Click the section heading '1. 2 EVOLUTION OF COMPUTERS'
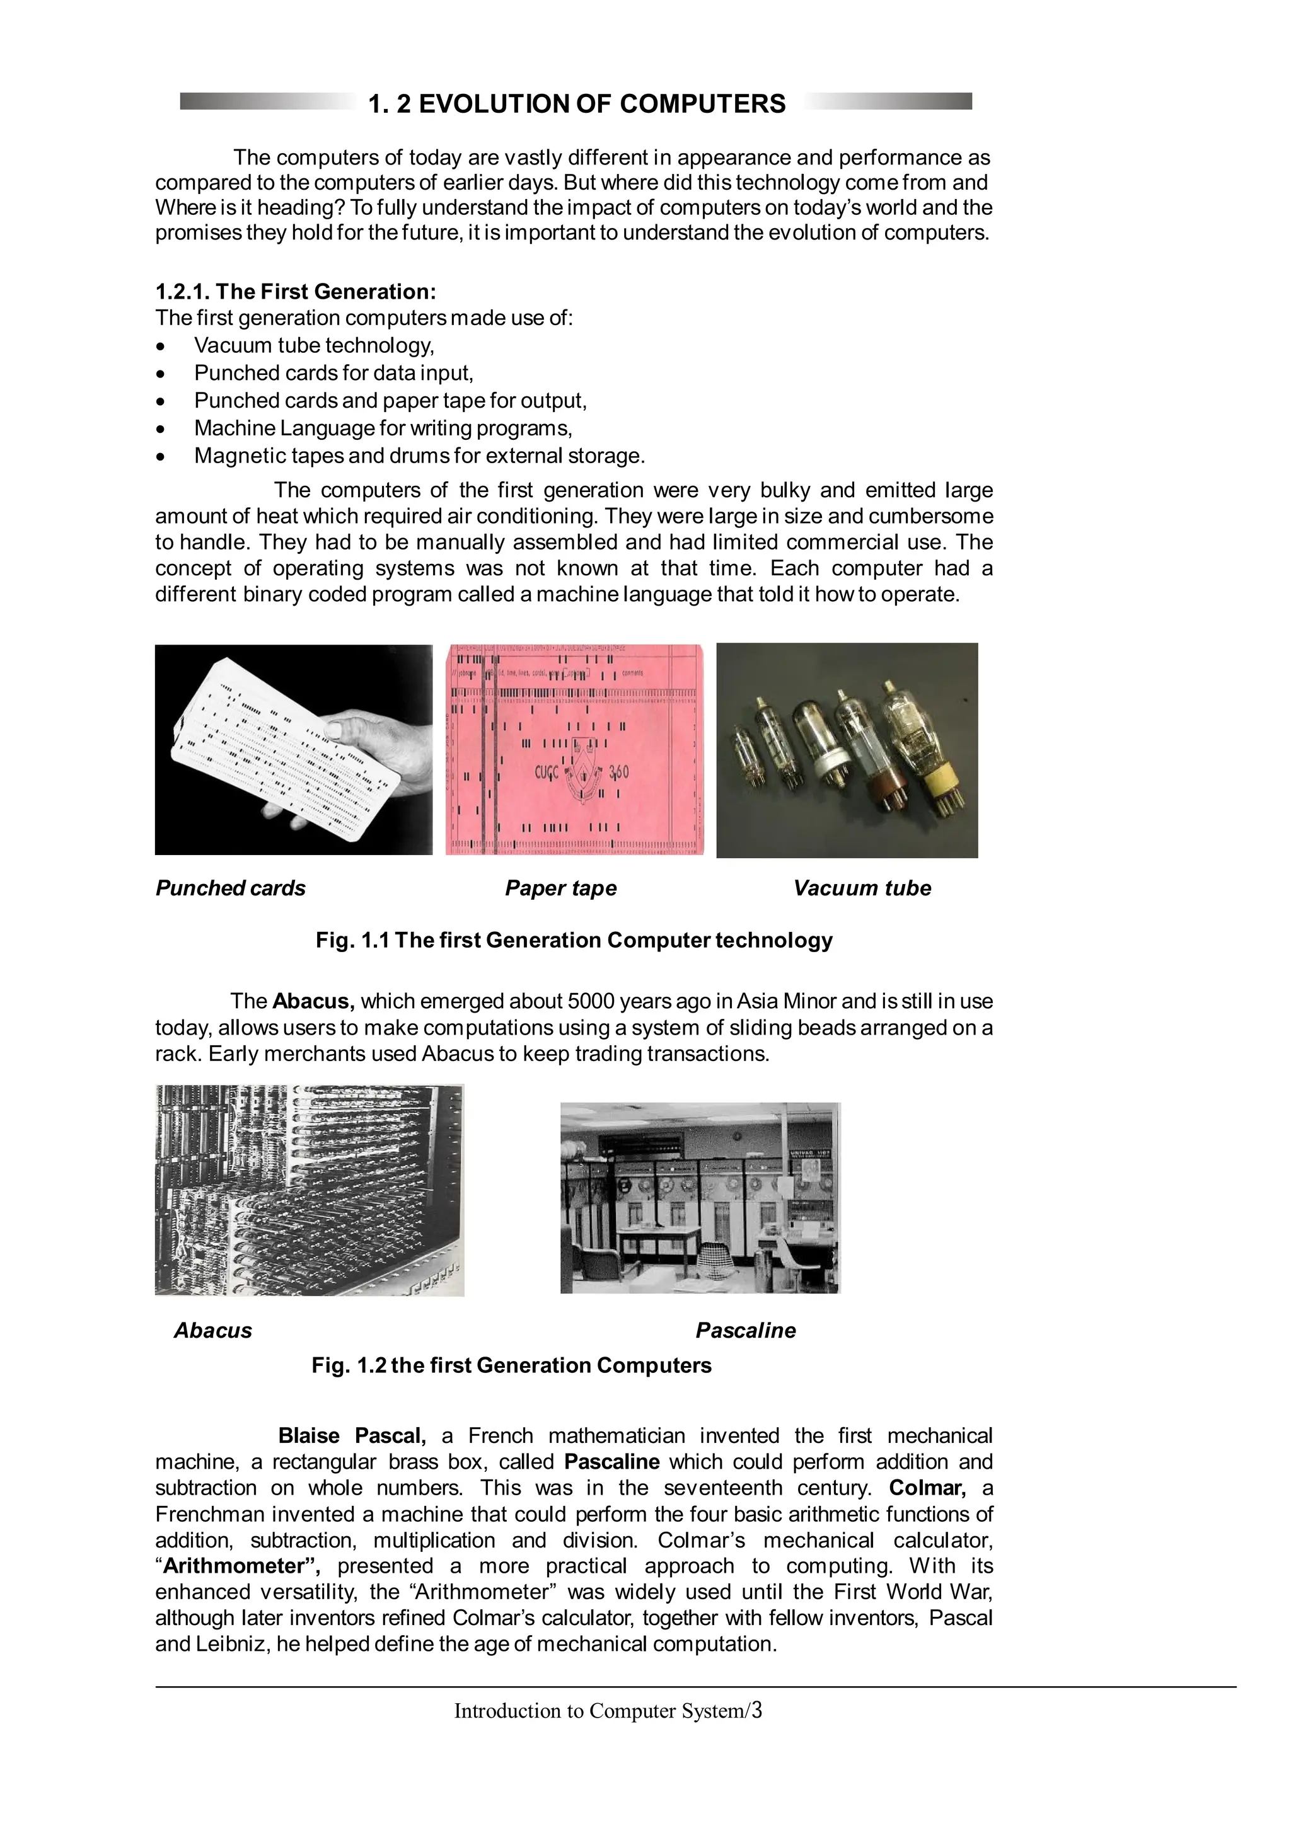(x=577, y=103)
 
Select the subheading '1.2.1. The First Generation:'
(x=295, y=291)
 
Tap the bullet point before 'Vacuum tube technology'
(x=161, y=347)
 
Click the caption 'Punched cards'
(x=230, y=888)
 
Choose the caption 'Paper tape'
(x=561, y=888)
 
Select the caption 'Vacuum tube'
(x=862, y=888)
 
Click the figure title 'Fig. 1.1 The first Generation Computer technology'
(x=574, y=940)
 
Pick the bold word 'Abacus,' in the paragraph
(x=313, y=1001)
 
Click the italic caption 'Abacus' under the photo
(x=212, y=1331)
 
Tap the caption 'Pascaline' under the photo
(x=745, y=1331)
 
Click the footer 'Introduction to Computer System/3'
(x=608, y=1710)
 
